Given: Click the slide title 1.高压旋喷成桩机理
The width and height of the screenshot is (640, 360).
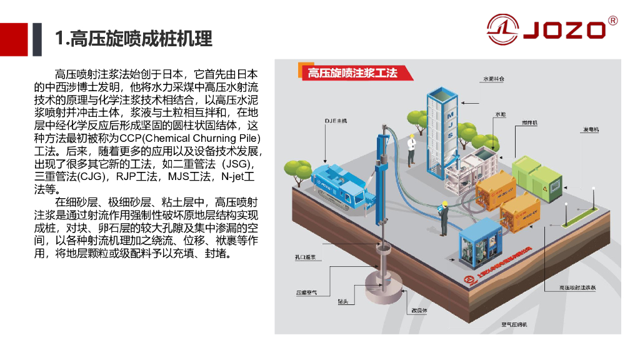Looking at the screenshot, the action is coord(134,39).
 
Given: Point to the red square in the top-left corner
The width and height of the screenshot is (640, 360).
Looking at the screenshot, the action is coord(14,39).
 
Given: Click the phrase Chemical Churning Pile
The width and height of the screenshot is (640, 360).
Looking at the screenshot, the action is coord(202,137).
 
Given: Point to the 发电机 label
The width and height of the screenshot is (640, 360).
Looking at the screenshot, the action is coord(591,129).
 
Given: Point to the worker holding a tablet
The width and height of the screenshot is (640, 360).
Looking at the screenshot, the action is coord(444,215).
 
